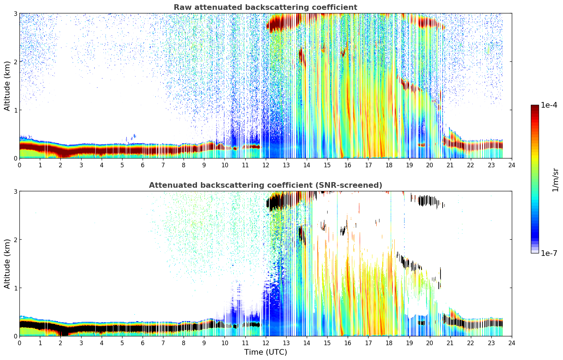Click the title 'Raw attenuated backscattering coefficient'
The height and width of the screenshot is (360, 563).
point(265,7)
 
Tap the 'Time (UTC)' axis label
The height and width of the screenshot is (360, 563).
point(265,352)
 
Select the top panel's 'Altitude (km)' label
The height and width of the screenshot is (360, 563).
point(7,86)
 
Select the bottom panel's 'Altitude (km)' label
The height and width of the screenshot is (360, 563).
point(7,264)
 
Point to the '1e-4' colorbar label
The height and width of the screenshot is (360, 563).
point(549,105)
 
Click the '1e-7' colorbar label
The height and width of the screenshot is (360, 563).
point(549,253)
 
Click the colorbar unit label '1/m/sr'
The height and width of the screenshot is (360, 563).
point(555,180)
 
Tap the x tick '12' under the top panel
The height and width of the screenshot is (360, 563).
point(265,165)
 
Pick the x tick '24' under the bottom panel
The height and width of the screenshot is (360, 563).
point(512,343)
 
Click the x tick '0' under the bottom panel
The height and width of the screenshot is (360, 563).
point(19,343)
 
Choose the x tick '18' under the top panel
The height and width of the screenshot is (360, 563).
point(389,165)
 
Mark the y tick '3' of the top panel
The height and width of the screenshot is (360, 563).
point(15,13)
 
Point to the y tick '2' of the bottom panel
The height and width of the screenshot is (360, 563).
point(15,240)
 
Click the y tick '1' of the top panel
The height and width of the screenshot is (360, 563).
point(15,110)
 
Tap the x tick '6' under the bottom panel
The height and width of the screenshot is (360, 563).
point(143,343)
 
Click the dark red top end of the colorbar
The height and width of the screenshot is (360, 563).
point(535,107)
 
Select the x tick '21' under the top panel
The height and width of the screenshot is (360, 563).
point(450,165)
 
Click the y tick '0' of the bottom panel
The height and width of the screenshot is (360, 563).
point(15,336)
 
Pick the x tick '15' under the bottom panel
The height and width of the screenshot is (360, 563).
point(327,343)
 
